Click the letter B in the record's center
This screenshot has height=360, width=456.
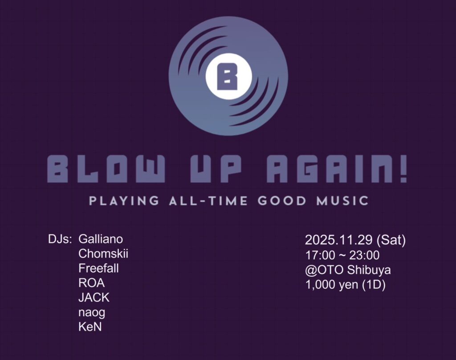point(228,76)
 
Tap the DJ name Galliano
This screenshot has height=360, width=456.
point(101,239)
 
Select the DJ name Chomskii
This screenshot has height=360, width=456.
point(103,254)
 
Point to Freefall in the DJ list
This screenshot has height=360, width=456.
point(98,268)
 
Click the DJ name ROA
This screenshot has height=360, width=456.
point(92,283)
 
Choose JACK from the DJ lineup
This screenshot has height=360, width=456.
point(94,298)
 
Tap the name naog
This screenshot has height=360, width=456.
point(92,313)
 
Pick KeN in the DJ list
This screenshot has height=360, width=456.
point(90,327)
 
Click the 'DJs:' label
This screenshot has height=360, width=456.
point(60,239)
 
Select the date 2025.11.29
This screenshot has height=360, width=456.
point(339,240)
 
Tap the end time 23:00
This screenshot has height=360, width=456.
point(364,255)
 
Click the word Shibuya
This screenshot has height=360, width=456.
point(369,270)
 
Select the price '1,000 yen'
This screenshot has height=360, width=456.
point(332,285)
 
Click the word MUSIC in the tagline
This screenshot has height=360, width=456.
point(342,201)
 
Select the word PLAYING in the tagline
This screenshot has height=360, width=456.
point(124,201)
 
